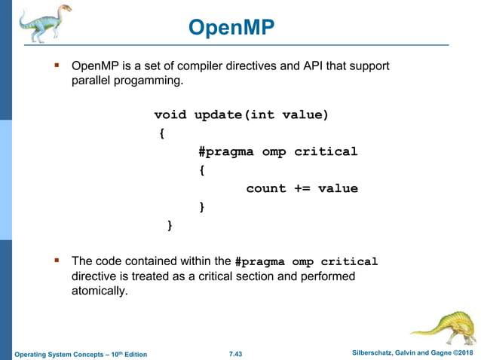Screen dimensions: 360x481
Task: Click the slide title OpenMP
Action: point(231,28)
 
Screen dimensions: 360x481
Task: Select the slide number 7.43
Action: point(239,354)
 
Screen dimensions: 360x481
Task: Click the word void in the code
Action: point(170,115)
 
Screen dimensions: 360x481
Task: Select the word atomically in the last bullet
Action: point(94,291)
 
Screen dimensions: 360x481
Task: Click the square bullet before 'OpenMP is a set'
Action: point(56,66)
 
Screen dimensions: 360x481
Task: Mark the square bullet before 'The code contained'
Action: point(56,261)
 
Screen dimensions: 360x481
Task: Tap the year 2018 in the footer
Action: point(466,354)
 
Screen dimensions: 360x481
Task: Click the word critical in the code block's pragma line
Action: point(326,152)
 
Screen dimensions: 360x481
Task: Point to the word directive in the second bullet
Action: point(85,276)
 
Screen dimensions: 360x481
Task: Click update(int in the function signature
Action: point(234,115)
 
